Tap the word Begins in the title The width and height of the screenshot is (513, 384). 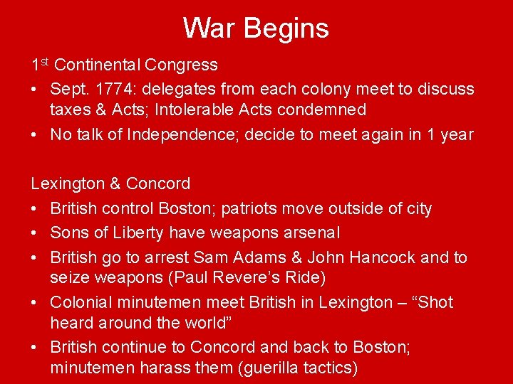(x=286, y=29)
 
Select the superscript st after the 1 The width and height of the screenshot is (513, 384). (x=43, y=62)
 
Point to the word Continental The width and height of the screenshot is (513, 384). (x=97, y=65)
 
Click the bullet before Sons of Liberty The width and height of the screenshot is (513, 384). (x=35, y=233)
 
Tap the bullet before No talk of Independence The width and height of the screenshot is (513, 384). (x=35, y=135)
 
